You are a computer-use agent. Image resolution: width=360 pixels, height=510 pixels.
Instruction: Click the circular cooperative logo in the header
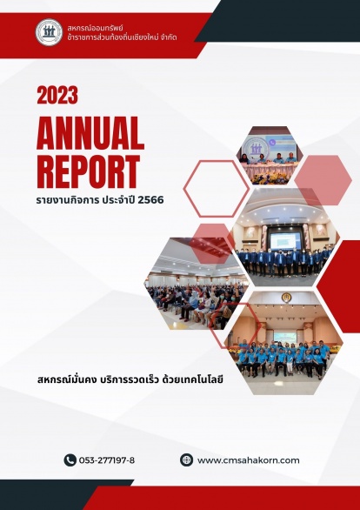tap(49, 32)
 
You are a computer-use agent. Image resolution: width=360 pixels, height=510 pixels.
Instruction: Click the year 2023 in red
tap(57, 95)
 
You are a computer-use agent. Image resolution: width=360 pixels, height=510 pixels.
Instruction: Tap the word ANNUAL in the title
tap(90, 132)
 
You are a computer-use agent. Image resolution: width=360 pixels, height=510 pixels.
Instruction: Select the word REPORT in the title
tap(89, 171)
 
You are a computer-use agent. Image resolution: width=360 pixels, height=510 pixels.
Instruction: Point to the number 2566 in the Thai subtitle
tap(150, 199)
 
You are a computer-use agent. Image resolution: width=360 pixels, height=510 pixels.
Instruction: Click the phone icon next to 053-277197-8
tap(70, 460)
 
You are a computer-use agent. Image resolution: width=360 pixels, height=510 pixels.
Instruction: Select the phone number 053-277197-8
tap(107, 460)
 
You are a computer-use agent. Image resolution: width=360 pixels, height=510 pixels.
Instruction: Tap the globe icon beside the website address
tap(186, 460)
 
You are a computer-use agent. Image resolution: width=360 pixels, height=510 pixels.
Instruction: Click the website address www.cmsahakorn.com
tap(248, 460)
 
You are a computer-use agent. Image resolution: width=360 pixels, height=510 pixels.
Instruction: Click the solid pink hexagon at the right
tap(323, 180)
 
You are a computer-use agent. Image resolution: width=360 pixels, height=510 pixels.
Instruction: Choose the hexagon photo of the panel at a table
tap(270, 156)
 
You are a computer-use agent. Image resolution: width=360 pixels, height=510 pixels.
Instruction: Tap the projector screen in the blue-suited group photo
tap(285, 241)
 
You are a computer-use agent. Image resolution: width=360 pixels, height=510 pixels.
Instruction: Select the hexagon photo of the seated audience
tap(195, 284)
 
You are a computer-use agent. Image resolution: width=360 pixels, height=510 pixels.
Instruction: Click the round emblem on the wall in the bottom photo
tap(286, 298)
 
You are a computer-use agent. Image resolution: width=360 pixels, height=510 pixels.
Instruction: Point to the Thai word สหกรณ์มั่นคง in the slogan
tap(67, 379)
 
